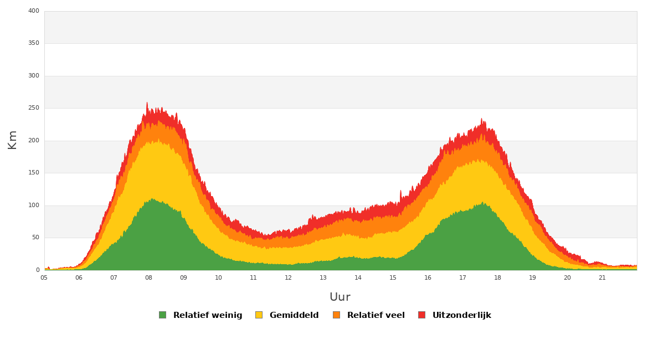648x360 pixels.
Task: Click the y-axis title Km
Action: (x=12, y=140)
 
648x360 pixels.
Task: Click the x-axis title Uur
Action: (x=340, y=297)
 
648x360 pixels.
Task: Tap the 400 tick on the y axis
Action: (x=34, y=11)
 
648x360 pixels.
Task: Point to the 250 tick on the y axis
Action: (x=34, y=108)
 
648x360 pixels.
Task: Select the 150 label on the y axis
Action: (x=34, y=173)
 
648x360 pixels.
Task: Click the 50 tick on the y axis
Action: (x=35, y=238)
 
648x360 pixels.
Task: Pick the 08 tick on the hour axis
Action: (x=148, y=277)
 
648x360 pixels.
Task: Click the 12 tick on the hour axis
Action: (x=288, y=277)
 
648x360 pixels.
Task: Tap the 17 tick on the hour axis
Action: (x=462, y=277)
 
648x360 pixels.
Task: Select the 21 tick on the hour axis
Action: (x=602, y=277)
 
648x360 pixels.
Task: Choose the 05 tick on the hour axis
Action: (x=44, y=277)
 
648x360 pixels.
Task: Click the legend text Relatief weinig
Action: (x=208, y=315)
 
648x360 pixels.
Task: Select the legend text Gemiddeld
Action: (x=294, y=315)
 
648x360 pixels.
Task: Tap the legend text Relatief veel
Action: (x=376, y=315)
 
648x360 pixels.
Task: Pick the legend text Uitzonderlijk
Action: (x=462, y=315)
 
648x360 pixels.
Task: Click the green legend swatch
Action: (x=162, y=315)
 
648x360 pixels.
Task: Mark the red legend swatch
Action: (x=421, y=315)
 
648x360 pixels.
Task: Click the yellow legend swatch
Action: (x=259, y=315)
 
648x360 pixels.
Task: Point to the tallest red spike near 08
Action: (x=147, y=103)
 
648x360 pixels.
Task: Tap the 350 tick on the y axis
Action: (x=34, y=43)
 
